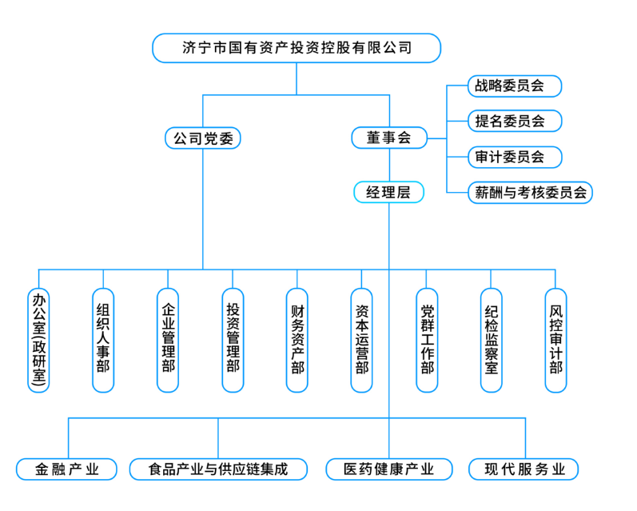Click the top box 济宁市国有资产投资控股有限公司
297,48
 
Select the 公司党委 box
203,138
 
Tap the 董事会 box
389,138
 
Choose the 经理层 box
388,193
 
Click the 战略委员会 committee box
515,86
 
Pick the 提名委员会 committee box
515,122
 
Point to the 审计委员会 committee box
515,157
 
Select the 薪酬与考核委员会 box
530,193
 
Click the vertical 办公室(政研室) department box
38,340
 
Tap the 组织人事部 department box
103,340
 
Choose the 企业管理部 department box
168,340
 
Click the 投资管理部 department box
233,340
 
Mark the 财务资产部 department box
297,340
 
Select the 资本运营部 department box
362,340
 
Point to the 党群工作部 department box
427,340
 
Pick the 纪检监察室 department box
492,340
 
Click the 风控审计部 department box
556,340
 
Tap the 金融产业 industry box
67,469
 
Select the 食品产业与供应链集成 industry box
218,469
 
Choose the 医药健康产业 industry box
389,469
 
